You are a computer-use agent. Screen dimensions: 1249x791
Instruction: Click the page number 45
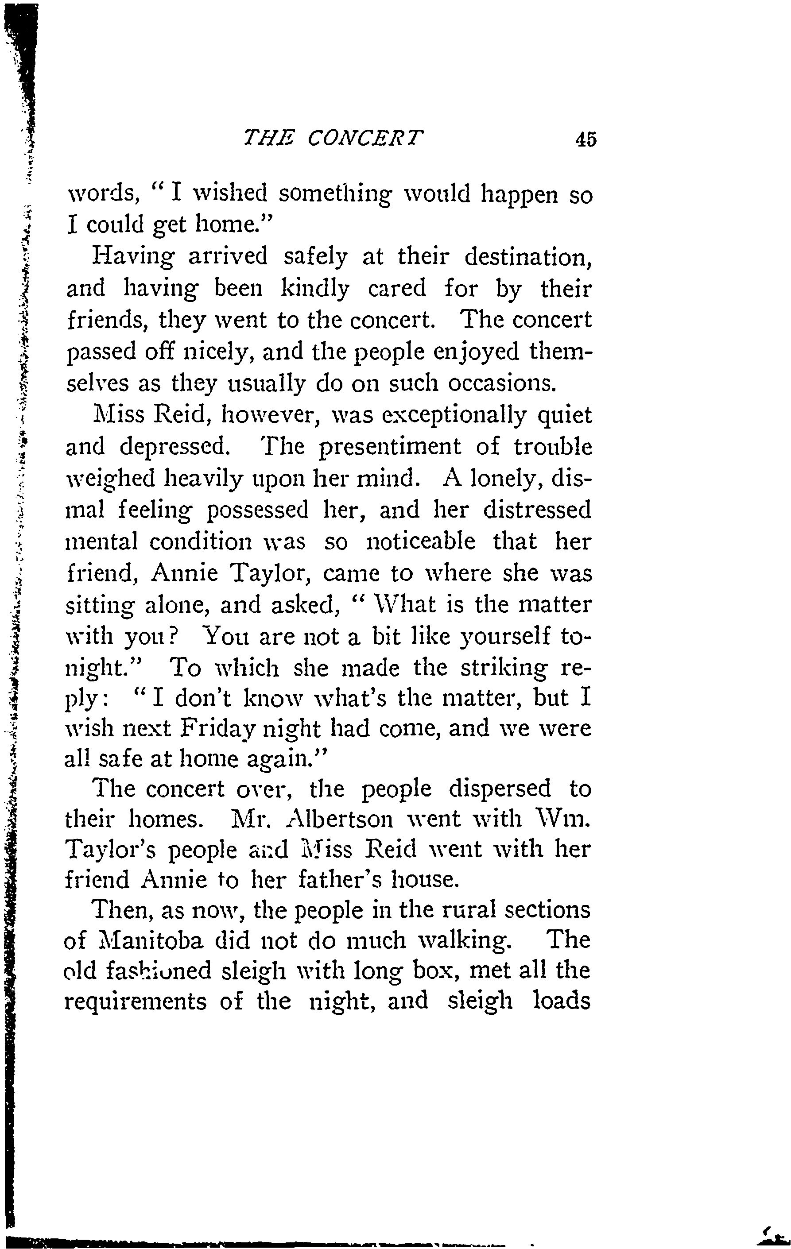[585, 139]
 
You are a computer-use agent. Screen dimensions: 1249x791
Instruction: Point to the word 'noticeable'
[421, 541]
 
